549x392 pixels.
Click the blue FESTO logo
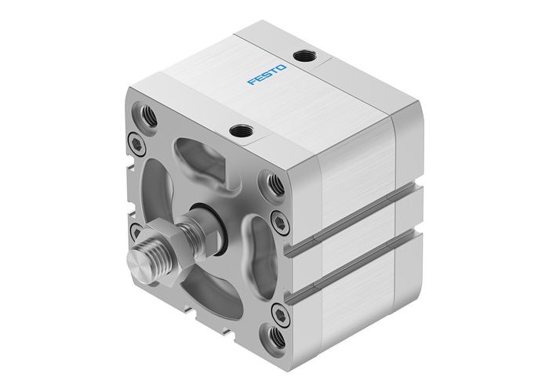pos(267,74)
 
